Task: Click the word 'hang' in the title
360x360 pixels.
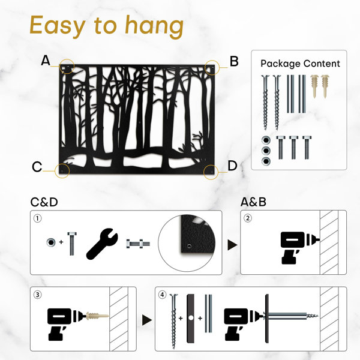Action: point(154,26)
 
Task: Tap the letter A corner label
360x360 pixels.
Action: point(46,61)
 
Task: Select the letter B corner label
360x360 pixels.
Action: point(234,62)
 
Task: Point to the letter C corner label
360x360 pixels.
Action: point(37,167)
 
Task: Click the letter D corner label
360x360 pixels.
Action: point(232,166)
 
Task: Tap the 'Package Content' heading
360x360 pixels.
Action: point(300,64)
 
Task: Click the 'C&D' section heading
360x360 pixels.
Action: point(44,202)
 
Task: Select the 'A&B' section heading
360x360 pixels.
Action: point(253,202)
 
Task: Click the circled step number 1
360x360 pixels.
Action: point(38,218)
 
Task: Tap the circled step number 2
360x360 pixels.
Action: point(248,218)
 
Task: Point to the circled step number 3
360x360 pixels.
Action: point(38,295)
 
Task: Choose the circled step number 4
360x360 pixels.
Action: point(163,295)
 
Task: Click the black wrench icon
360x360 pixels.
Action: point(102,244)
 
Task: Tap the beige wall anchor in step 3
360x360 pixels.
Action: point(97,316)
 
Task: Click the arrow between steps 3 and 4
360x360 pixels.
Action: point(147,320)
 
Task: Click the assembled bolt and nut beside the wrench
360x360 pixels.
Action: point(138,244)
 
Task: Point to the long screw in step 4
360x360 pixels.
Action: point(174,321)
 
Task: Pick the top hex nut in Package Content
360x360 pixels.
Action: point(266,140)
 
